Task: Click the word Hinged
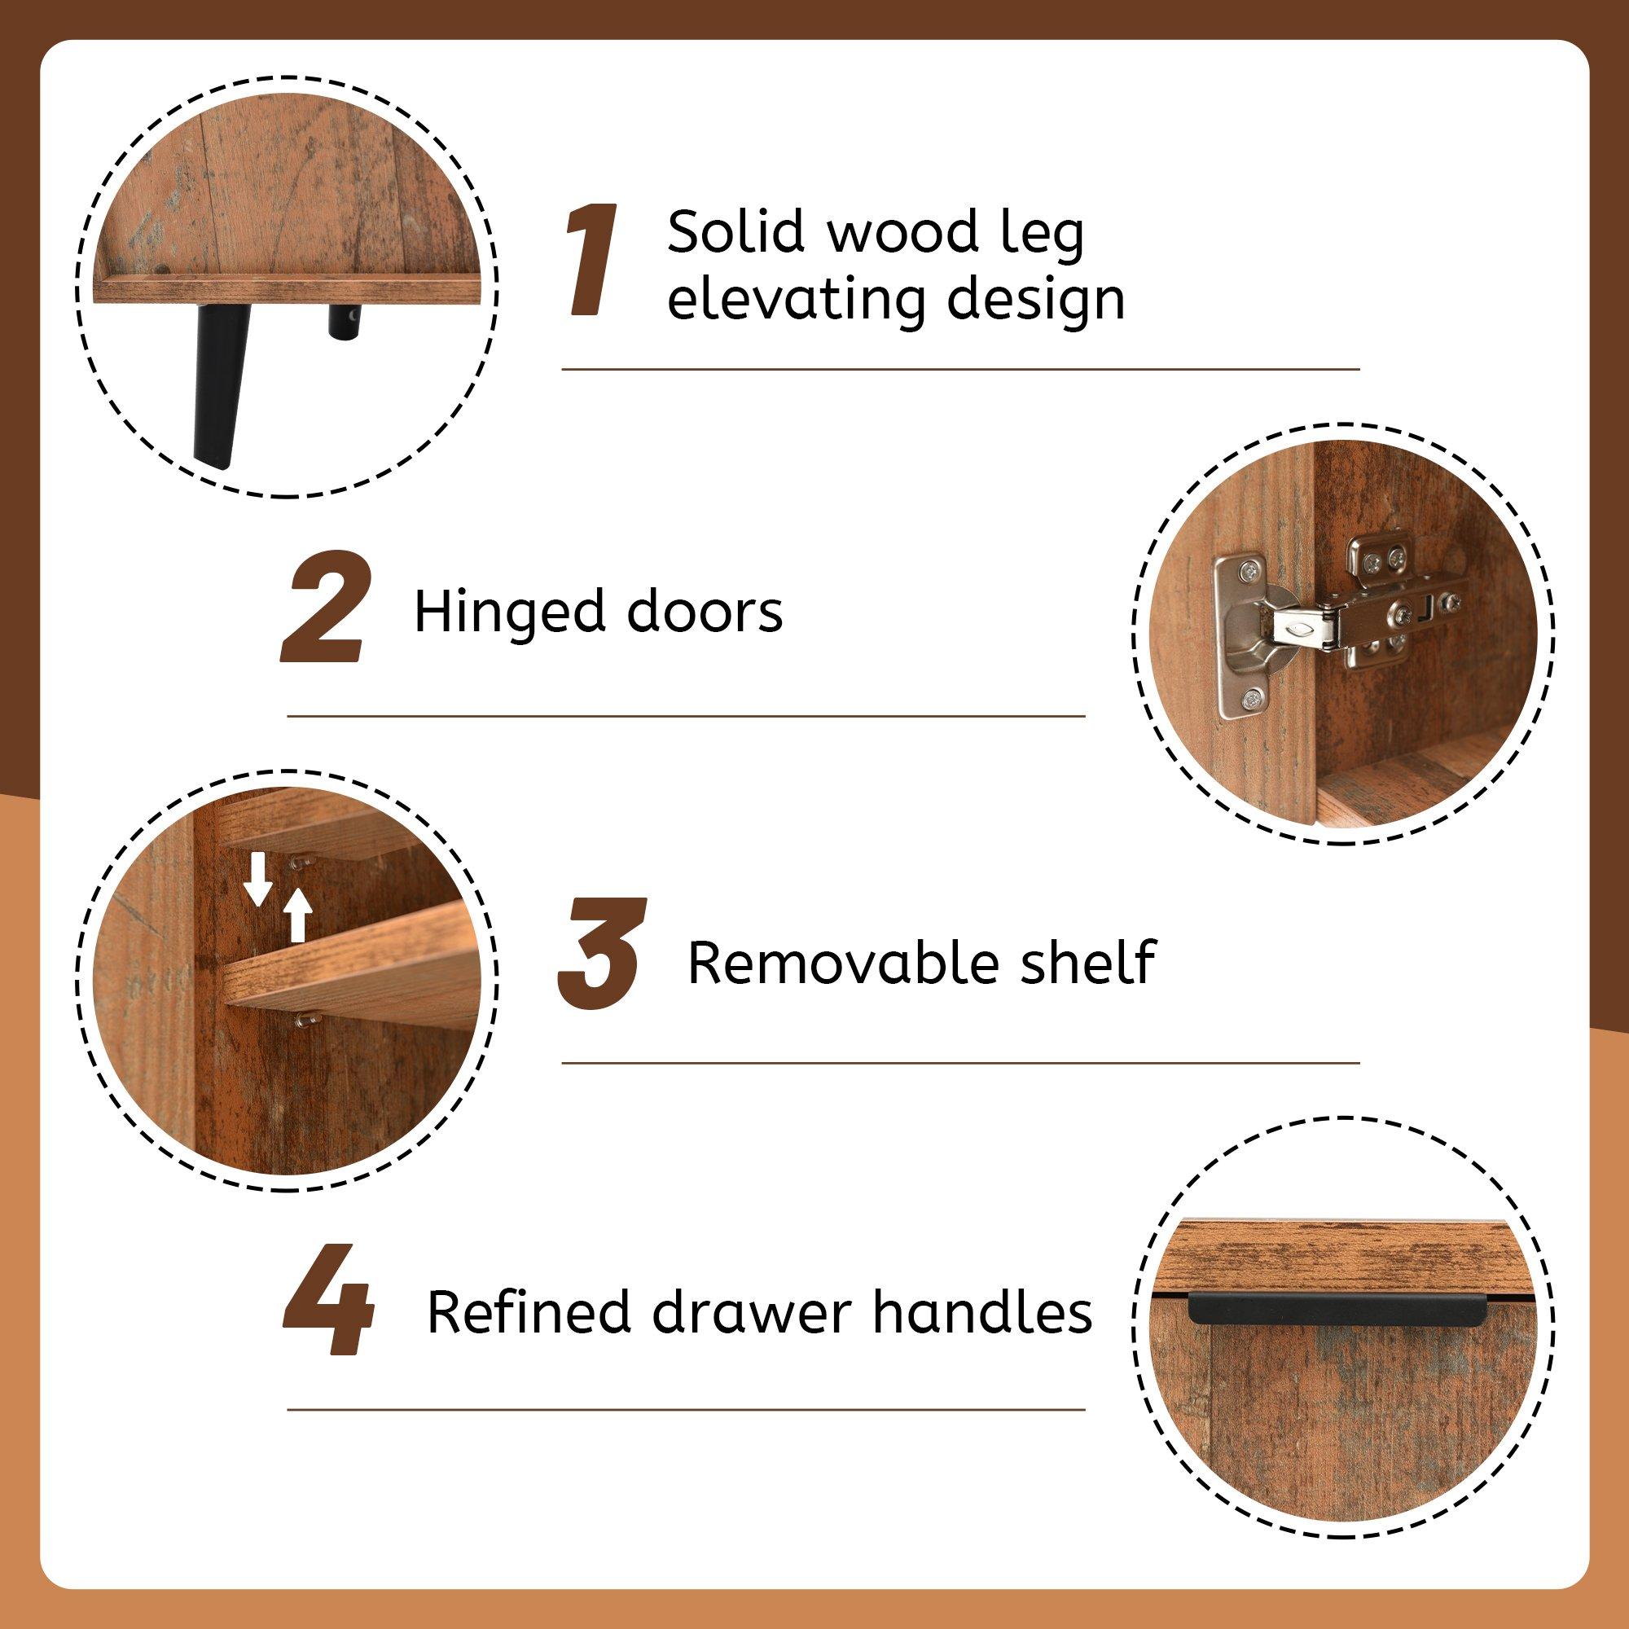509,613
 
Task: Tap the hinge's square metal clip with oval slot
1302,627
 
